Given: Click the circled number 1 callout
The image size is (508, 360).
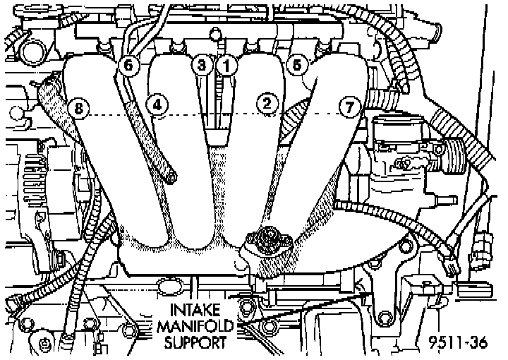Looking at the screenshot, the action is (x=226, y=65).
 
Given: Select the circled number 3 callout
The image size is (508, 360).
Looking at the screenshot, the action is (x=202, y=65).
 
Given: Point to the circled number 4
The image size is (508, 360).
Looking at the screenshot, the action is (x=157, y=104).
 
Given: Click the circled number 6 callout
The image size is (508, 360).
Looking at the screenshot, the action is (x=127, y=65).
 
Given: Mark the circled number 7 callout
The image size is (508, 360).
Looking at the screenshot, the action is (x=348, y=107).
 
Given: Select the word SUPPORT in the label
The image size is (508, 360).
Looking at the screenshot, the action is (x=195, y=343).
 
